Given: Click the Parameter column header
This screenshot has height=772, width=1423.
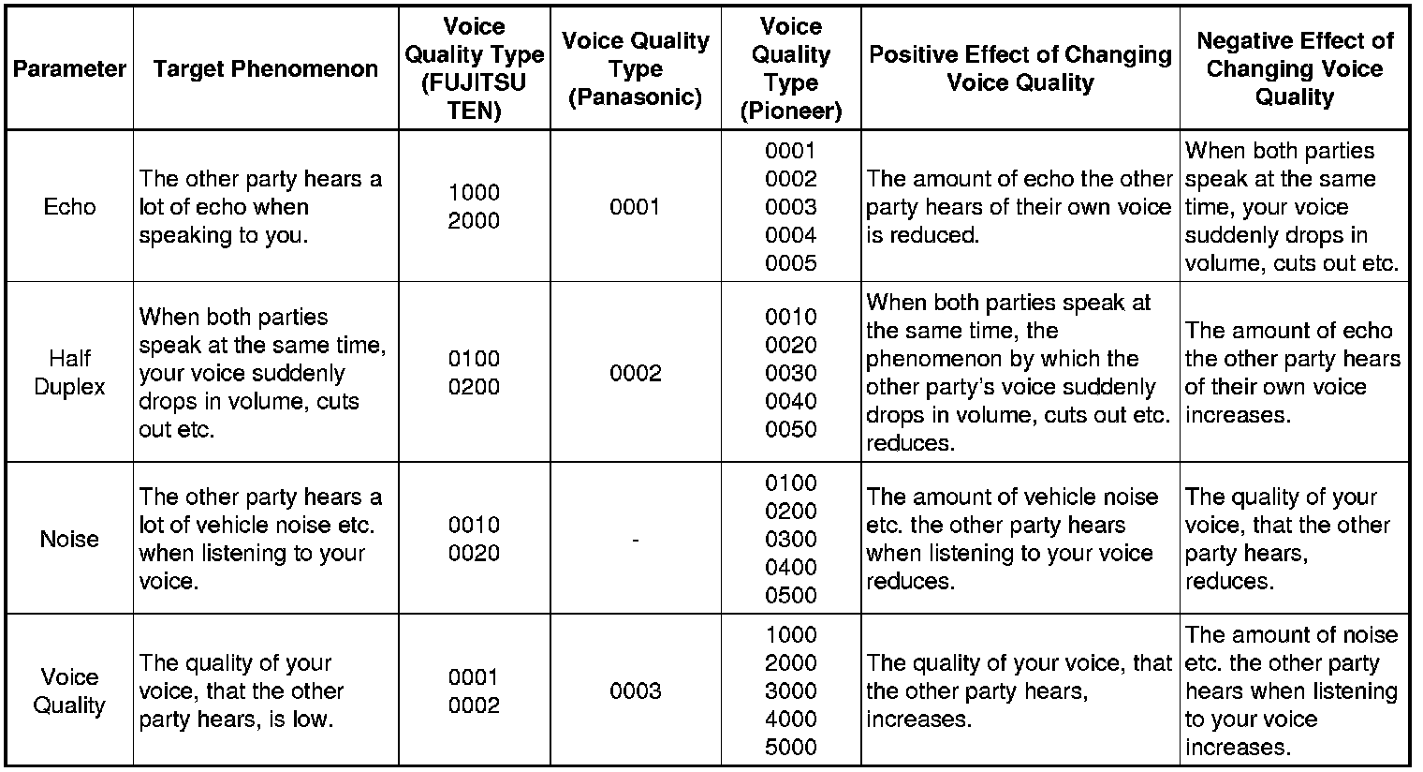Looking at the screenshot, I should tap(69, 69).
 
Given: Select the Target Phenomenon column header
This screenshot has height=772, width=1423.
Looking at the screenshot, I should tap(265, 69).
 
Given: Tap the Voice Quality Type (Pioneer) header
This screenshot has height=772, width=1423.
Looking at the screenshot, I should tap(790, 69).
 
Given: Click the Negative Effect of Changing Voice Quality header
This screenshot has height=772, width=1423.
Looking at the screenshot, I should tap(1295, 69).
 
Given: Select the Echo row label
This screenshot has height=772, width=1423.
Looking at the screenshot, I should tap(69, 207).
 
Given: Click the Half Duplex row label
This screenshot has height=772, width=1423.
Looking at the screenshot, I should tap(69, 373).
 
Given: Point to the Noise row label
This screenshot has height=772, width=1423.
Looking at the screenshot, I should tap(69, 539).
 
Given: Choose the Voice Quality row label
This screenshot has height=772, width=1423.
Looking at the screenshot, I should tap(69, 691).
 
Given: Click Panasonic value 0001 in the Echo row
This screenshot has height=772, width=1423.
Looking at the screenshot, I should tap(635, 207).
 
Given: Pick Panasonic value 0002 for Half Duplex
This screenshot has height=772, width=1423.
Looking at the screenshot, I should tap(635, 373).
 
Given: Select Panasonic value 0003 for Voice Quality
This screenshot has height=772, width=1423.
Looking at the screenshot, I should tap(635, 691).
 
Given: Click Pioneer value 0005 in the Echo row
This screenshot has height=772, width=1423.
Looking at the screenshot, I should tap(790, 263).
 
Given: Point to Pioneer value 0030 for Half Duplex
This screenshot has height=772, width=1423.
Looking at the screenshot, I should tap(790, 373).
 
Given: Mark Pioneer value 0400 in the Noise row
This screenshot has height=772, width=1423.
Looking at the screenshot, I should tap(790, 567).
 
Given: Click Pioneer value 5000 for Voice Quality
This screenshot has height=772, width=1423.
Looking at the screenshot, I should tap(790, 748).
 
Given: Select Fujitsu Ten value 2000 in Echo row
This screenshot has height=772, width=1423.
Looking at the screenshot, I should tap(474, 221).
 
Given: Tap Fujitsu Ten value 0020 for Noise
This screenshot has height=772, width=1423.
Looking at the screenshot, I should tap(474, 553).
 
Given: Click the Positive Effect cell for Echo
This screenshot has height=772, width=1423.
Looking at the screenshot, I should tap(1019, 207).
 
